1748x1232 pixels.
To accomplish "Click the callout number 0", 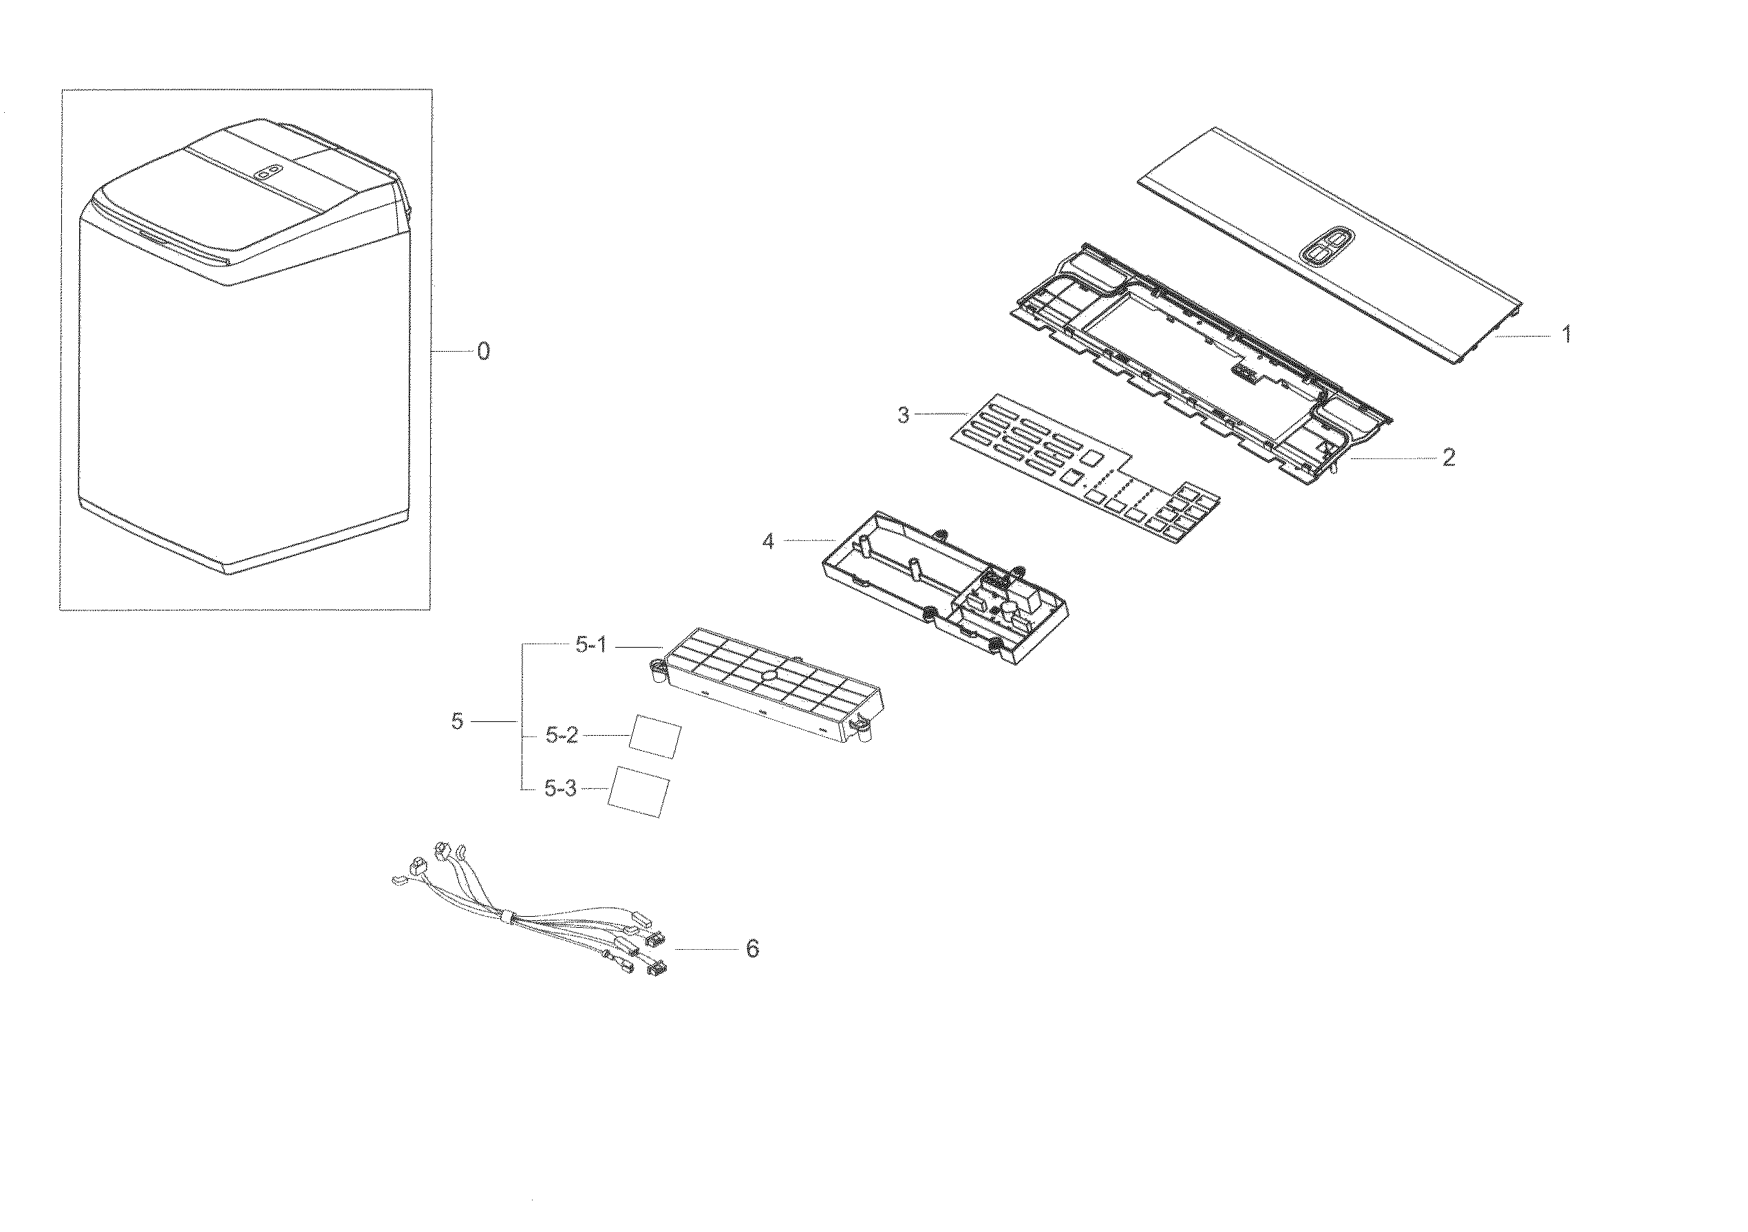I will tap(482, 352).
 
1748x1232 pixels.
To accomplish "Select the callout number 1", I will tap(1566, 334).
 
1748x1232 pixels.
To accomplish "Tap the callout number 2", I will tap(1448, 458).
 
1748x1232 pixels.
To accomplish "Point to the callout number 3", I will tap(903, 416).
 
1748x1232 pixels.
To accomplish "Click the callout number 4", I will tap(767, 542).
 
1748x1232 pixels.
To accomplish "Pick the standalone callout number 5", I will tap(457, 721).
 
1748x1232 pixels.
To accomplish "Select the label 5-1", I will tap(590, 646).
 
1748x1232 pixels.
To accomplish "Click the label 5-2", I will tap(562, 736).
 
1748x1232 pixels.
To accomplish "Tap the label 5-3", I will tap(560, 789).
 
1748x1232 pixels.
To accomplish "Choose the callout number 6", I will tap(752, 948).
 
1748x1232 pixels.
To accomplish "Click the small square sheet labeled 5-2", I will tap(655, 736).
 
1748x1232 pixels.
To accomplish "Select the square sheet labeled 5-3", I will tap(638, 792).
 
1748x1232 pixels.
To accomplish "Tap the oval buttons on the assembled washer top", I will tap(267, 174).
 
